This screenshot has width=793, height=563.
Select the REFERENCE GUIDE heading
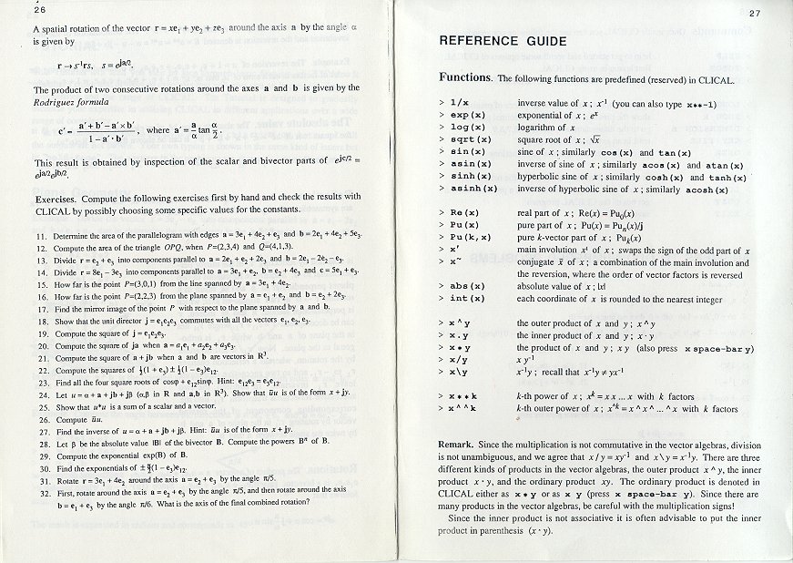click(503, 41)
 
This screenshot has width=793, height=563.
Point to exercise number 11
click(42, 235)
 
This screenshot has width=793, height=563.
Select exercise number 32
click(42, 490)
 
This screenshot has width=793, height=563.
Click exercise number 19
click(42, 333)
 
